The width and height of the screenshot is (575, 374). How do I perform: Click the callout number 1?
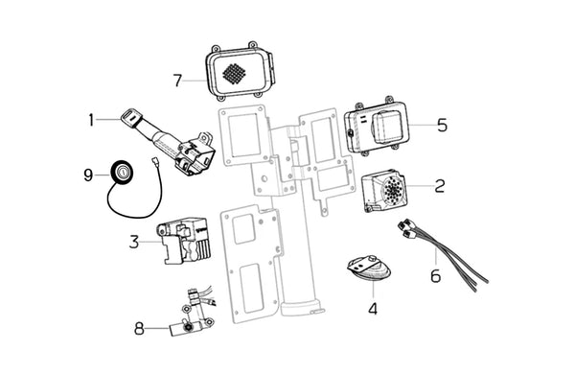(x=91, y=120)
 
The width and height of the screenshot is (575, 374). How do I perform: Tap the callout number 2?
(x=440, y=186)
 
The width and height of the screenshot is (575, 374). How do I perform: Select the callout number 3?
(x=134, y=242)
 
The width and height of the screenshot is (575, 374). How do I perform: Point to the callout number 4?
(x=373, y=308)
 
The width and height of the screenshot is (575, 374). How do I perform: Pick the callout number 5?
(x=442, y=126)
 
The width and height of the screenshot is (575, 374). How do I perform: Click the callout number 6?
(x=436, y=275)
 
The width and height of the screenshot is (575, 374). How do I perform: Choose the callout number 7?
(x=177, y=81)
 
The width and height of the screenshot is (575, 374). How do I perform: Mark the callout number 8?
(x=139, y=329)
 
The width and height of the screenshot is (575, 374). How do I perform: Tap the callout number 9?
(x=88, y=175)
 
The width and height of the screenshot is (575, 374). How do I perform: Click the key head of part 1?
(x=131, y=115)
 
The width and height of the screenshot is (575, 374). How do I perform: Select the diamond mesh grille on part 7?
(x=234, y=73)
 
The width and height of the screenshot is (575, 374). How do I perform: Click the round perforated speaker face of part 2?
(x=394, y=189)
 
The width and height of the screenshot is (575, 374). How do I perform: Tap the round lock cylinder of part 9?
(x=122, y=171)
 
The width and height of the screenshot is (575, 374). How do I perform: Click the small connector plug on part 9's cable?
(x=154, y=160)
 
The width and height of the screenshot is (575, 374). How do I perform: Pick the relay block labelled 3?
(x=183, y=241)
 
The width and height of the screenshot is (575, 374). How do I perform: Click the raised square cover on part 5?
(x=387, y=128)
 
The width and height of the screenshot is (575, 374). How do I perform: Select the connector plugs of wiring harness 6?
(x=408, y=227)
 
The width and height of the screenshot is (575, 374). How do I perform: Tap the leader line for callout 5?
(x=422, y=126)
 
